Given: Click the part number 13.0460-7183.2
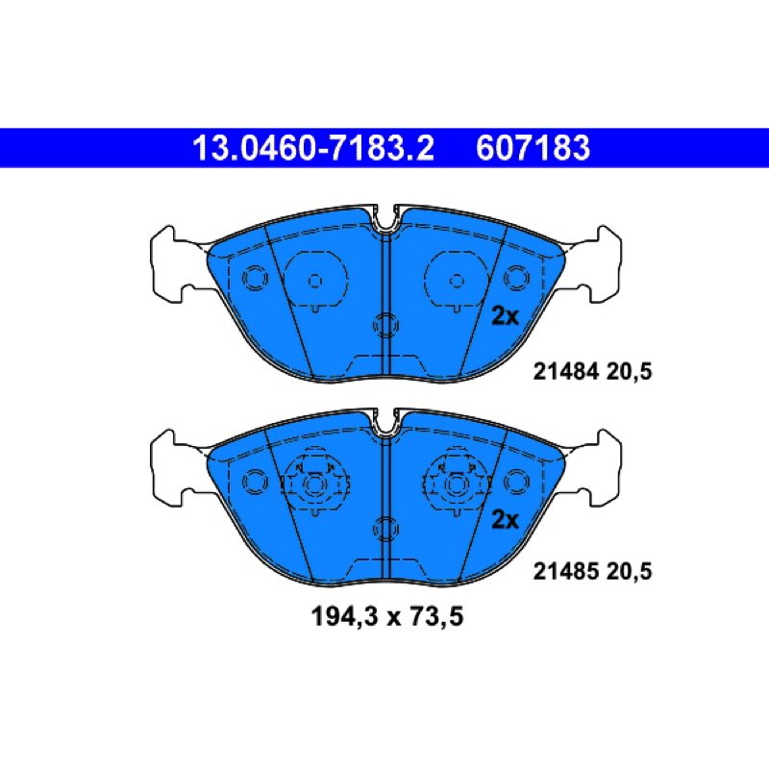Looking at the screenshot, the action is pos(313,148).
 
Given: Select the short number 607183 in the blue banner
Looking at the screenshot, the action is pos(533,148).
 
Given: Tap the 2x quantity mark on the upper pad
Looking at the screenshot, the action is pos(506,317).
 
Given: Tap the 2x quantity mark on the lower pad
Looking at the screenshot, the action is pos(506,520).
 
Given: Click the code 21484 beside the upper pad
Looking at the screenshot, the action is pos(566,372).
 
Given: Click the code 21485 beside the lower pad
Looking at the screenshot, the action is pos(566,571).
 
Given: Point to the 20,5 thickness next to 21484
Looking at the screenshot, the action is pos(630,372).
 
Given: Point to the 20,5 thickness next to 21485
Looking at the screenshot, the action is pos(630,572).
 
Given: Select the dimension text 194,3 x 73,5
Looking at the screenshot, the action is pos(387,616).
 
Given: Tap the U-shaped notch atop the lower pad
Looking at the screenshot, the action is pos(386,423).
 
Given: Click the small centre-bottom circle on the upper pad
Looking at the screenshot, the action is pos(386,325).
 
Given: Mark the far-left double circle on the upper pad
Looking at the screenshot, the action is pos(255,278).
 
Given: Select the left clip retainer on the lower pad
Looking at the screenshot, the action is pos(314,484).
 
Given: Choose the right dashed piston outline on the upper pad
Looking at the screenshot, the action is pos(457,281).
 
